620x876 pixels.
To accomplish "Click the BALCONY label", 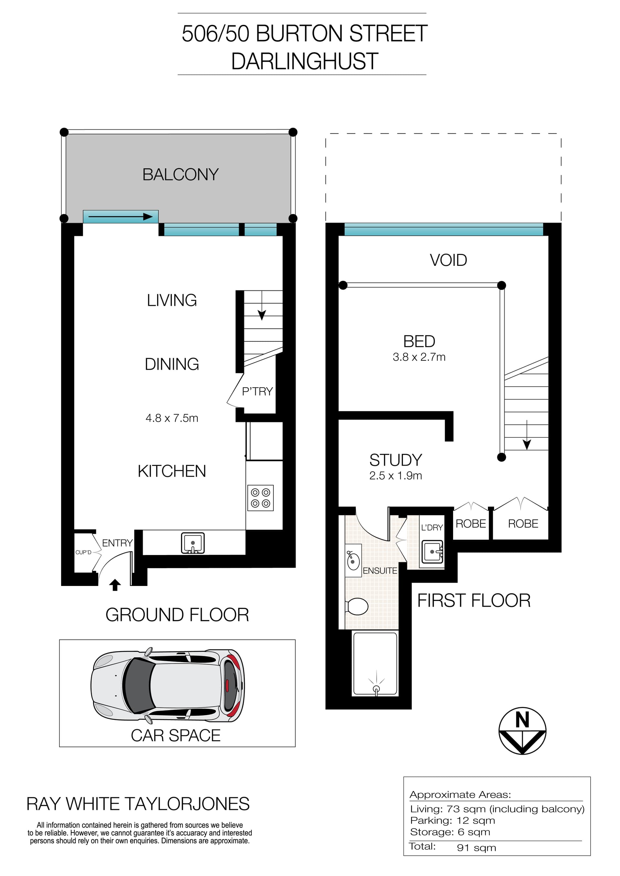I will pyautogui.click(x=180, y=175).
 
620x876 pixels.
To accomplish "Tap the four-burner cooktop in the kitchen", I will pyautogui.click(x=260, y=498).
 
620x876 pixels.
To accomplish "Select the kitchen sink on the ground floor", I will pyautogui.click(x=193, y=543).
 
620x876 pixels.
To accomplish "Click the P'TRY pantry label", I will pyautogui.click(x=257, y=391).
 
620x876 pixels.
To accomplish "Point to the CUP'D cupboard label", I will pyautogui.click(x=83, y=552).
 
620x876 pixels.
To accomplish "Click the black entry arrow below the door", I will pyautogui.click(x=115, y=585).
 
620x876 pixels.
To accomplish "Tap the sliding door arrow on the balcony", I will pyautogui.click(x=120, y=217).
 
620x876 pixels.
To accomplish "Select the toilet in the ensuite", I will pyautogui.click(x=357, y=606).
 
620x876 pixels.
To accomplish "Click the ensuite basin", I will pyautogui.click(x=353, y=560).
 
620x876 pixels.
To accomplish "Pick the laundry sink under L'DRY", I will pyautogui.click(x=433, y=552).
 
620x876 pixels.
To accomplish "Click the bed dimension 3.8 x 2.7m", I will pyautogui.click(x=419, y=357).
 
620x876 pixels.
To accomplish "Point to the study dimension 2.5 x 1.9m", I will pyautogui.click(x=396, y=476).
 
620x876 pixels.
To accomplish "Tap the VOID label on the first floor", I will pyautogui.click(x=448, y=260).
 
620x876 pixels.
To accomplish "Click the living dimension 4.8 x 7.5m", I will pyautogui.click(x=172, y=418).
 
